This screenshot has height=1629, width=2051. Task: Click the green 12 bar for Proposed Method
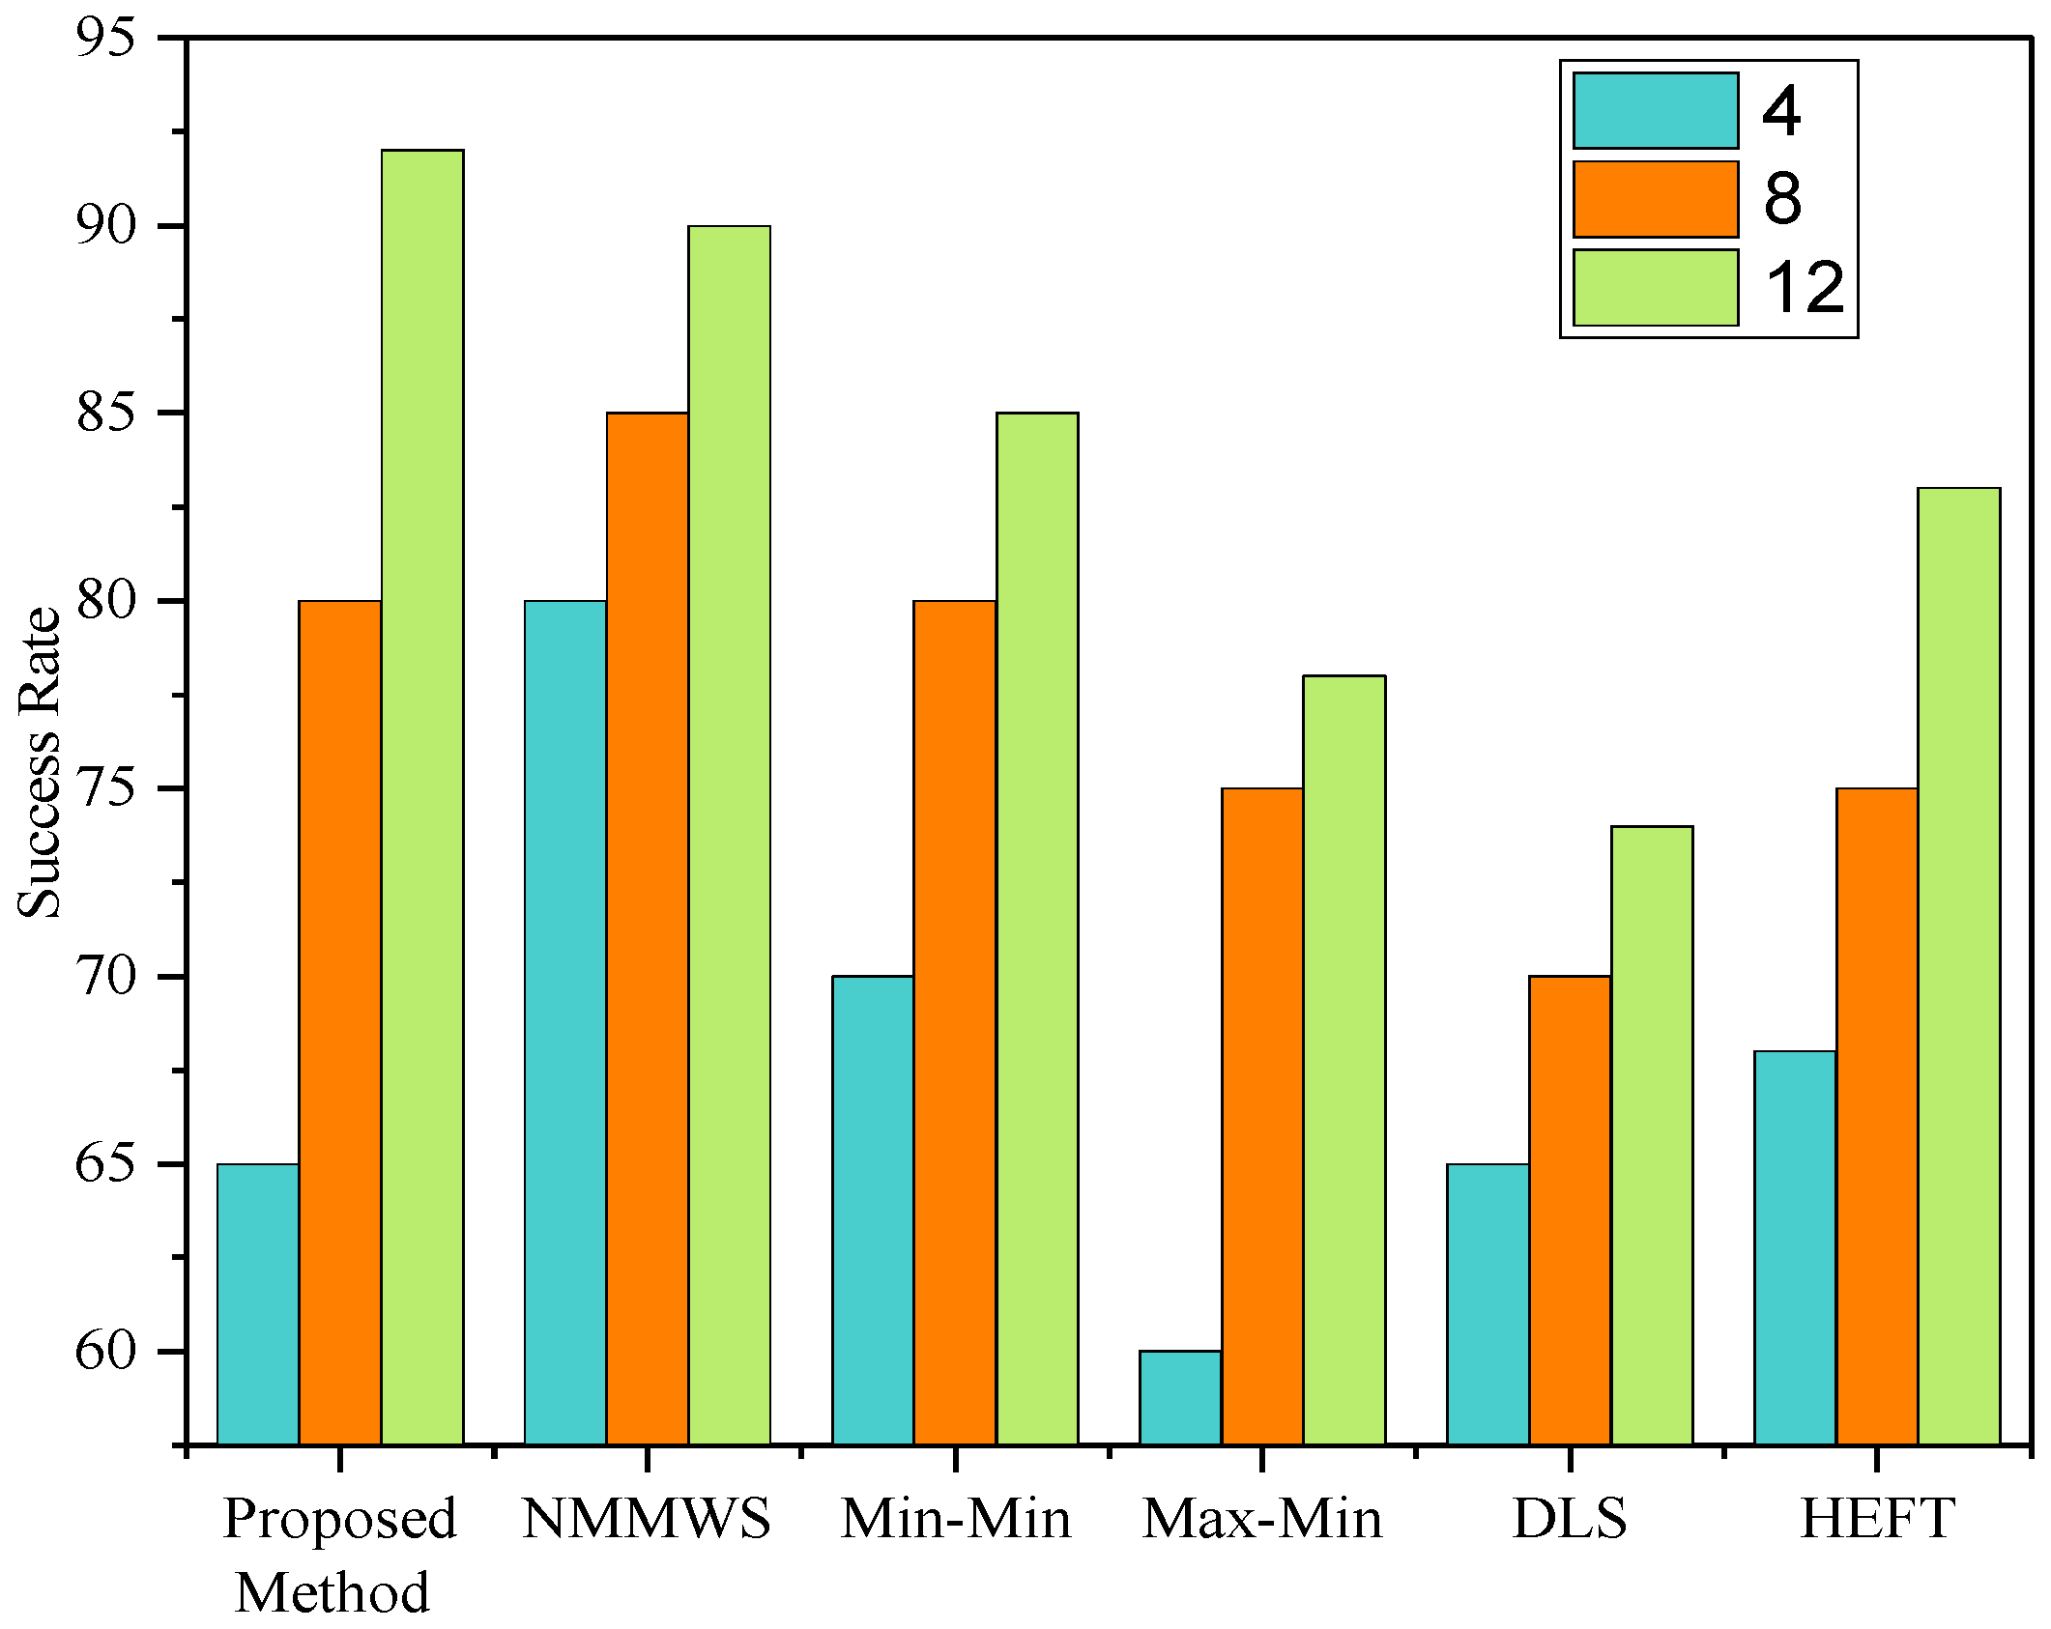(x=421, y=796)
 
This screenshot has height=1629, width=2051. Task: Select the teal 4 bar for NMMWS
(x=565, y=1022)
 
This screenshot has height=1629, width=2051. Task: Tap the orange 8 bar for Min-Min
(x=955, y=1022)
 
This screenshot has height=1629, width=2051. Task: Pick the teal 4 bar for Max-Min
(x=1180, y=1397)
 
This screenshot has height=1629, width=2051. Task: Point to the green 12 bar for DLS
(x=1652, y=1135)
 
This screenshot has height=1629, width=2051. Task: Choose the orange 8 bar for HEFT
(x=1877, y=1116)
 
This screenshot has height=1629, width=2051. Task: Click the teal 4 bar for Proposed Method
(x=258, y=1304)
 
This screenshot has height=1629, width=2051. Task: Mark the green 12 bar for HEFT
(x=1959, y=966)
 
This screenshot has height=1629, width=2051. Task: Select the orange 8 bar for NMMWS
(x=648, y=928)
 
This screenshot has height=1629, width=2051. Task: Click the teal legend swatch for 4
(x=1655, y=110)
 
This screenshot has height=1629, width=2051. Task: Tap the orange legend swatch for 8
(x=1655, y=199)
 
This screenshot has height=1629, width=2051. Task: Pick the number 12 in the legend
(x=1804, y=288)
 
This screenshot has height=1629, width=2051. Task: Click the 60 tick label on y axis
(x=105, y=1350)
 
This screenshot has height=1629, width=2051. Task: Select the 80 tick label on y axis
(x=105, y=600)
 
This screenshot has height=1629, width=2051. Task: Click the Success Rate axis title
(x=41, y=763)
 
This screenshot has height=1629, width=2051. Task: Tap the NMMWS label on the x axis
(x=647, y=1518)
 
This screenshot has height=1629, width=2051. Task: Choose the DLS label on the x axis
(x=1570, y=1518)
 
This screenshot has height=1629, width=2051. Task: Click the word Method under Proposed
(x=332, y=1592)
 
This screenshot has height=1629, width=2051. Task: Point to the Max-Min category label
(x=1262, y=1518)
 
